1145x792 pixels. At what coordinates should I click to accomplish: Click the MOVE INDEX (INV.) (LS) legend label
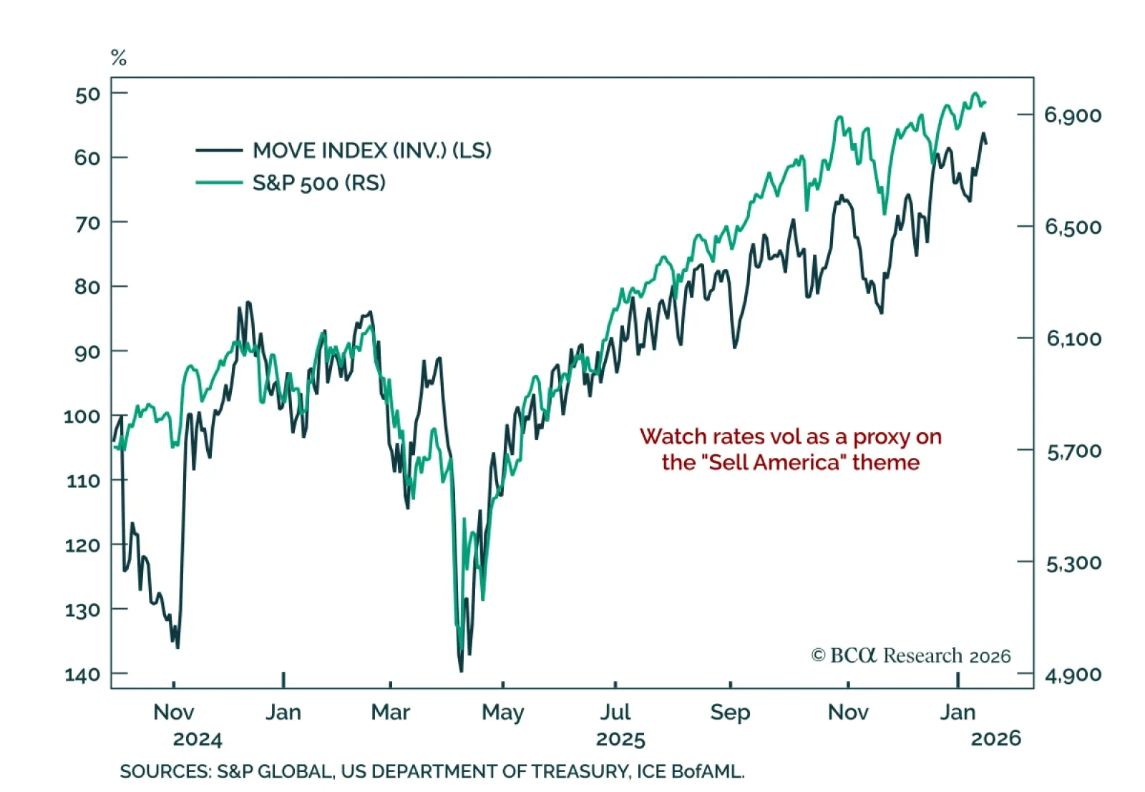(371, 150)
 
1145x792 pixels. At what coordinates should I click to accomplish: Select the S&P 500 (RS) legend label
(318, 183)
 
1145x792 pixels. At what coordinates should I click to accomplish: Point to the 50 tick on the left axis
(87, 94)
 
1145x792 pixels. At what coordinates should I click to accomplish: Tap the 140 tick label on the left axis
(82, 675)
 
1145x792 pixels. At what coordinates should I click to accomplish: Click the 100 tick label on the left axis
(82, 416)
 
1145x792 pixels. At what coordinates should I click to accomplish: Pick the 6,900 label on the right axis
(1073, 115)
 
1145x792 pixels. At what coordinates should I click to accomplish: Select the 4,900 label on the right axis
(1073, 675)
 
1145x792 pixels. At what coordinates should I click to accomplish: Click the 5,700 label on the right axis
(1073, 451)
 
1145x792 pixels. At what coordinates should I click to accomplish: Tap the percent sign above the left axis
(119, 58)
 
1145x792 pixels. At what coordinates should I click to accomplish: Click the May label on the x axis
(502, 713)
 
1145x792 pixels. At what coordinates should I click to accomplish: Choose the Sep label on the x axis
(730, 713)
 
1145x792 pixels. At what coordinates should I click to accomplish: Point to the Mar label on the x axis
(390, 713)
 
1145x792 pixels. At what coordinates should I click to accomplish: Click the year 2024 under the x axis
(198, 739)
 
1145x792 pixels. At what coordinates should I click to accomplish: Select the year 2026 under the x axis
(995, 738)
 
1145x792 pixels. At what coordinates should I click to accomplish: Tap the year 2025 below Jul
(620, 739)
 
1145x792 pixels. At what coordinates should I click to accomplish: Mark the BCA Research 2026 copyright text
(911, 655)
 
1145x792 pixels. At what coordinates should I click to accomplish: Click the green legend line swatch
(219, 183)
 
